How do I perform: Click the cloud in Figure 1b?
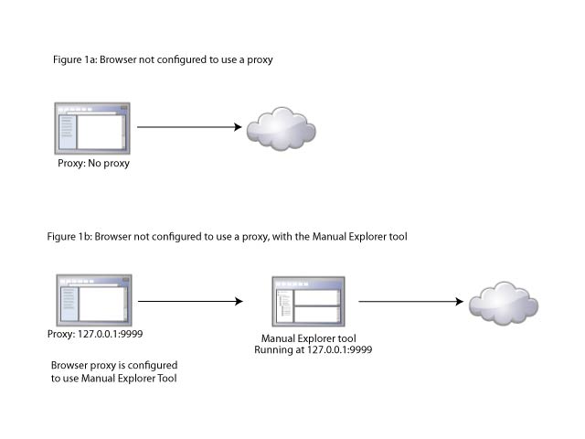pos(499,302)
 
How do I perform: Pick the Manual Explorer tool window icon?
pos(308,299)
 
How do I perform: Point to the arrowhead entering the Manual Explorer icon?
pos(239,301)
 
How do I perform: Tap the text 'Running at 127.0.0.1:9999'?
pos(312,349)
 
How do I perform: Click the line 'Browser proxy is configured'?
pos(114,365)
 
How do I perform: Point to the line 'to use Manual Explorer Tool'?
pos(114,378)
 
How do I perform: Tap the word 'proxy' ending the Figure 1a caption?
pos(260,59)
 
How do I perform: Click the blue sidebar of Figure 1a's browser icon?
pos(66,133)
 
